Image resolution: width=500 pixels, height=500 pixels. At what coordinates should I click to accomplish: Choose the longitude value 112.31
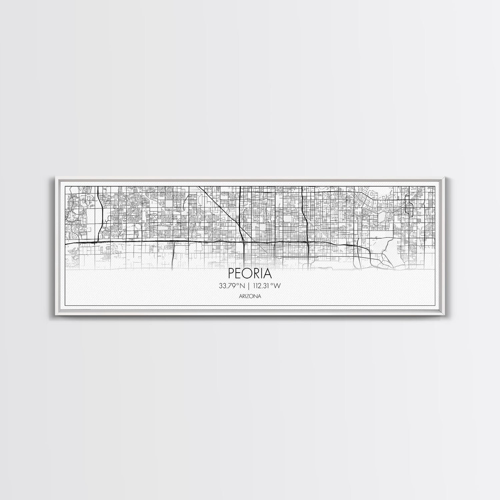(261, 285)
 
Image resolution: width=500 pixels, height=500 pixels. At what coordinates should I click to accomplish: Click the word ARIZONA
(250, 296)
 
